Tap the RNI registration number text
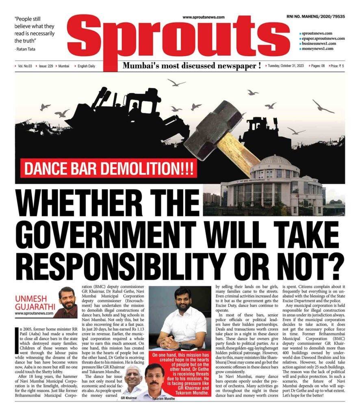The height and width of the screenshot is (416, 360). tap(315, 17)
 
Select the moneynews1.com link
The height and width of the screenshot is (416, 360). tap(318, 48)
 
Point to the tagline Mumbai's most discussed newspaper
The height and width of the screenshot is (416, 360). tap(192, 66)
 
